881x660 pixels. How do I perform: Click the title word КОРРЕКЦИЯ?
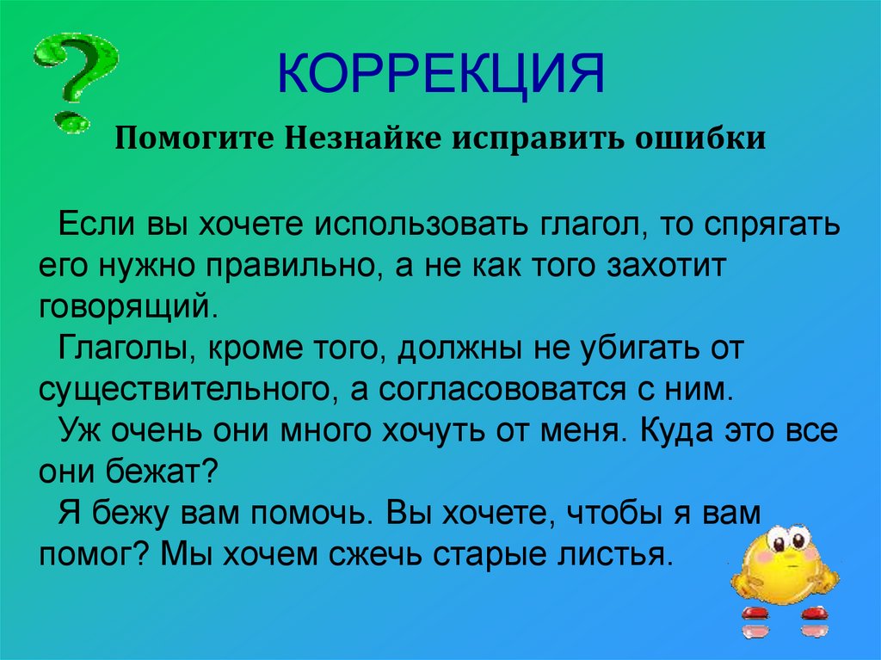click(x=443, y=73)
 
